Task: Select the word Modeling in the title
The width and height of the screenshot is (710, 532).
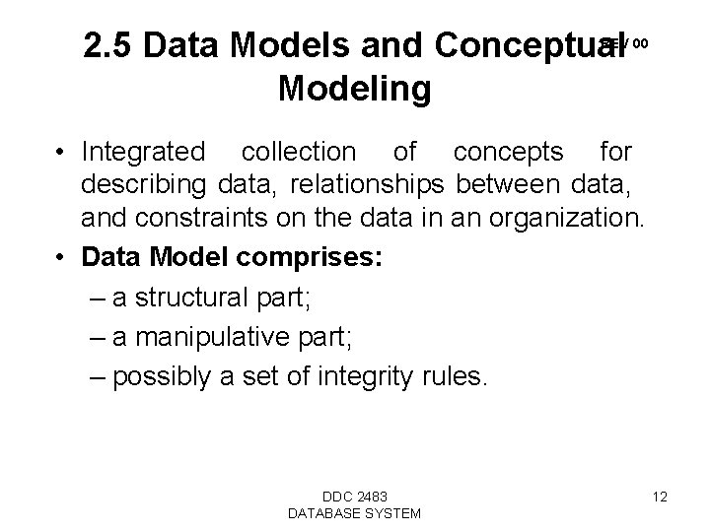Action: tap(354, 90)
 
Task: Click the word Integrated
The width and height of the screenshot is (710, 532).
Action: tap(145, 153)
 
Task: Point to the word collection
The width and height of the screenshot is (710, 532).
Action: tap(299, 153)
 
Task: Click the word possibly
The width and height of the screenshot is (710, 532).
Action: tap(168, 377)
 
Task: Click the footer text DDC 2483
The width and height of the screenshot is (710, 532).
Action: tap(354, 496)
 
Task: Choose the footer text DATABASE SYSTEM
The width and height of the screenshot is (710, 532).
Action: tap(354, 512)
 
